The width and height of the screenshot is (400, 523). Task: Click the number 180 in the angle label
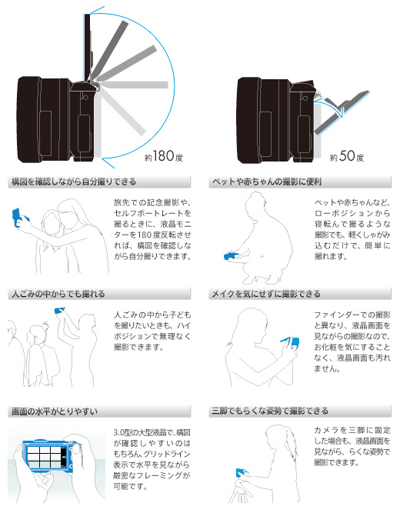click(x=164, y=156)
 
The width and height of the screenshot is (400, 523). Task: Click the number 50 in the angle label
click(x=347, y=156)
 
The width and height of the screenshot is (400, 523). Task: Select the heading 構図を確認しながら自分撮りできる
click(x=74, y=182)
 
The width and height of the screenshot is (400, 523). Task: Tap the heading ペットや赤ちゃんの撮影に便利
click(x=267, y=182)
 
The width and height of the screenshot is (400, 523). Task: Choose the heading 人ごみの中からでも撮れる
click(x=58, y=294)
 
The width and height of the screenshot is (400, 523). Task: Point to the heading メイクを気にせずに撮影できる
click(x=266, y=294)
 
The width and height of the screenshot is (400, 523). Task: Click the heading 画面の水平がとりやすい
click(x=55, y=411)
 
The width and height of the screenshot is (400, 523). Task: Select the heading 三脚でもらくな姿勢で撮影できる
click(x=270, y=411)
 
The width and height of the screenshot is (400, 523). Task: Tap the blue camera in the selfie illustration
click(x=17, y=217)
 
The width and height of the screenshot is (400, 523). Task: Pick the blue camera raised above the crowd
click(x=59, y=310)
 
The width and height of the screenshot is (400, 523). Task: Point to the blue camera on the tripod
click(x=242, y=473)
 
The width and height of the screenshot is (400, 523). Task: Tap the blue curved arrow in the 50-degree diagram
click(x=329, y=105)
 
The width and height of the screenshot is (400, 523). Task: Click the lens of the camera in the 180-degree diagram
click(x=29, y=120)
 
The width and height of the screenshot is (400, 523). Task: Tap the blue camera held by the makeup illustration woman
click(x=292, y=343)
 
